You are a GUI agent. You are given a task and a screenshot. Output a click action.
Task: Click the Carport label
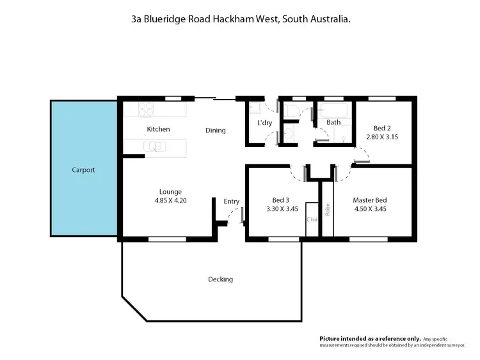click(x=83, y=170)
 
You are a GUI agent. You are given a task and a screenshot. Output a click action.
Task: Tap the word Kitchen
click(x=158, y=129)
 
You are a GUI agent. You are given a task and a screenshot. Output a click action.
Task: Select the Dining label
click(x=215, y=130)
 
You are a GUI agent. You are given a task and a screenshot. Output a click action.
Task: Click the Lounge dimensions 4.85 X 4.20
click(x=170, y=200)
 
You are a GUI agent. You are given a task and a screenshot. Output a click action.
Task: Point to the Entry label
click(x=231, y=201)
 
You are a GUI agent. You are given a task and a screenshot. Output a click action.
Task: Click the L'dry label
click(x=265, y=122)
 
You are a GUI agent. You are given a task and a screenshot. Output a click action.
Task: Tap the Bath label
click(x=333, y=122)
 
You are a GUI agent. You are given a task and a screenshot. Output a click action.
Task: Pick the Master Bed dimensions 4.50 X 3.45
click(x=369, y=208)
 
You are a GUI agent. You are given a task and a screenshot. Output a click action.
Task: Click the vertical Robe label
click(x=326, y=209)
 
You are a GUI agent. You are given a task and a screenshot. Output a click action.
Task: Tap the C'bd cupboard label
click(x=312, y=220)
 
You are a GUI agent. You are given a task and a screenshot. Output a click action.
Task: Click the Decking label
click(x=220, y=279)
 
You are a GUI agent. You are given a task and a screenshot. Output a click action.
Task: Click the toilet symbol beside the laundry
click(x=292, y=111)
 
